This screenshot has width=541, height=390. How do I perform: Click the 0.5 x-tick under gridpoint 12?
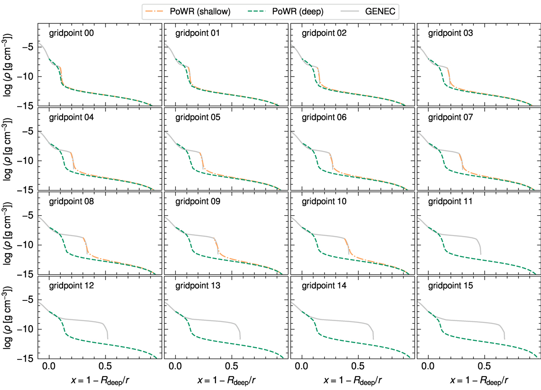tap(105, 367)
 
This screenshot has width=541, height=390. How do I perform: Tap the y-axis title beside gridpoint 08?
tap(8, 232)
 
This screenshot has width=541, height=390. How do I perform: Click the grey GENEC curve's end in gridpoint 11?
tap(481, 254)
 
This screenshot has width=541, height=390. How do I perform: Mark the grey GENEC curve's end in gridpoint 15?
tap(504, 339)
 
